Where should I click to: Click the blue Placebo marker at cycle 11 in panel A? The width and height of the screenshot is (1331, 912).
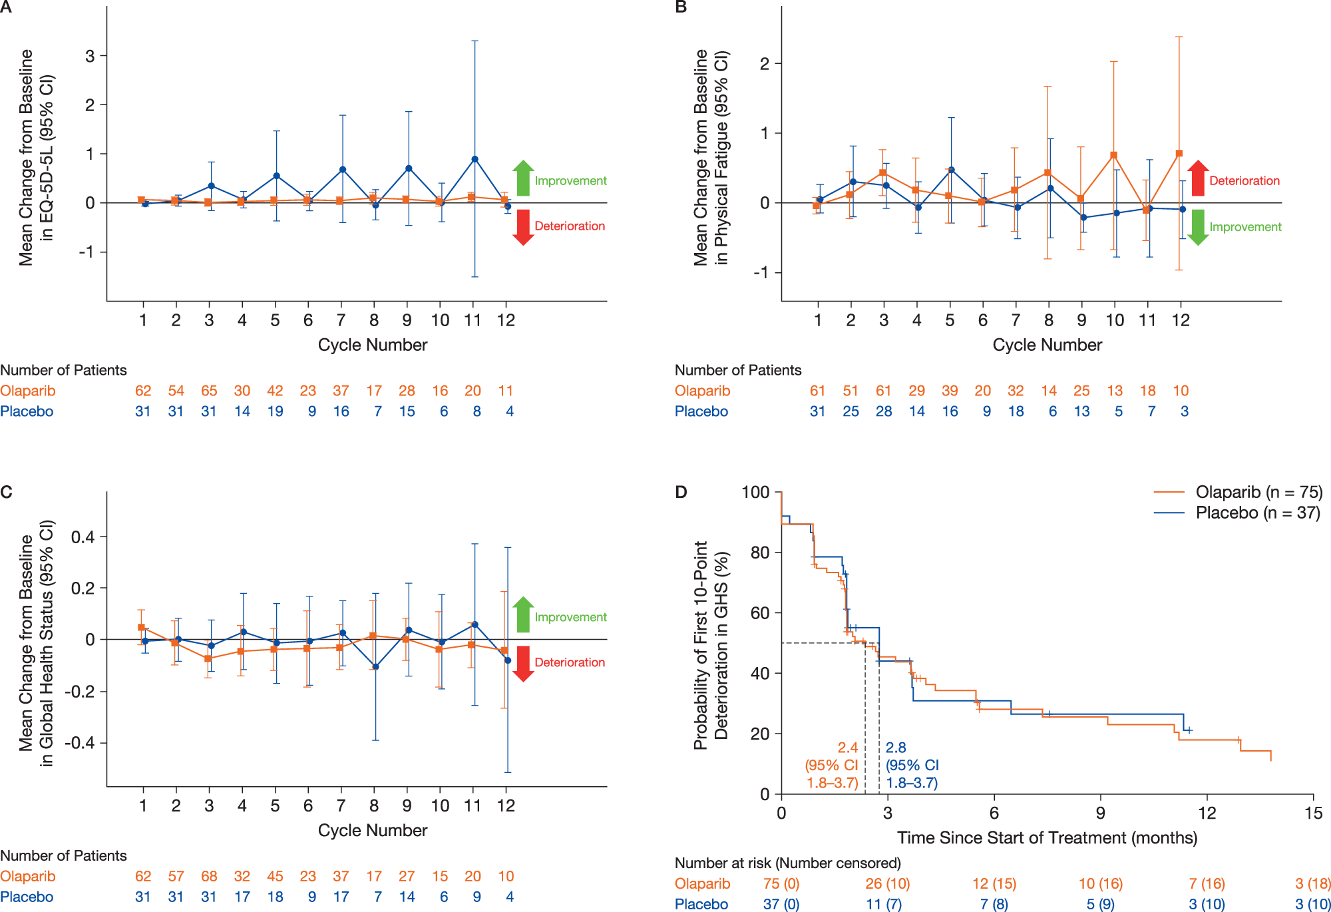tap(475, 159)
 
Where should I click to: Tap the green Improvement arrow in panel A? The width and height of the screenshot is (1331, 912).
tap(524, 178)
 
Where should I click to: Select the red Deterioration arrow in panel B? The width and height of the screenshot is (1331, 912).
tap(1198, 178)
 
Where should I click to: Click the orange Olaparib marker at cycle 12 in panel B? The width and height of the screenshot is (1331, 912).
tap(1179, 153)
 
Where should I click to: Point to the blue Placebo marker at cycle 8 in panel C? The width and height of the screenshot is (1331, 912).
tap(376, 666)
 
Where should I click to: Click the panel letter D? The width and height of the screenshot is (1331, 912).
tap(681, 492)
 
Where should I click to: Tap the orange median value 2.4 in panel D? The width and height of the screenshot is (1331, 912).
tap(847, 748)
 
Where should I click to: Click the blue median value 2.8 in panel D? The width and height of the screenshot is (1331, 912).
tap(896, 748)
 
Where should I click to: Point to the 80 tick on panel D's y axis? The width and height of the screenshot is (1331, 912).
tap(759, 553)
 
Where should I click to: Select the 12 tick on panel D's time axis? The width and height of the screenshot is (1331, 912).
tap(1207, 813)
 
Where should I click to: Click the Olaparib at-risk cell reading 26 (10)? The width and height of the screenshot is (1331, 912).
tap(887, 883)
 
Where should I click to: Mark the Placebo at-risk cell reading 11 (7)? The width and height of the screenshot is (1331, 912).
tap(884, 904)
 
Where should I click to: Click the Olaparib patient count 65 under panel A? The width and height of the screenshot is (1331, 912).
tap(209, 391)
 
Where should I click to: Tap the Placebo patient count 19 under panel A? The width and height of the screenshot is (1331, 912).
tap(275, 411)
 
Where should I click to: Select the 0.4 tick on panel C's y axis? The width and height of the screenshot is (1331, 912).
tap(83, 537)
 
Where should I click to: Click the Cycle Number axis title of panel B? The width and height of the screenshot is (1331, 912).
tap(1047, 345)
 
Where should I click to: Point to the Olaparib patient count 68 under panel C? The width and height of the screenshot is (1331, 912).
tap(209, 876)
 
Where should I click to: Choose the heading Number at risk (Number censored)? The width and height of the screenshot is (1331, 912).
tap(787, 863)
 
